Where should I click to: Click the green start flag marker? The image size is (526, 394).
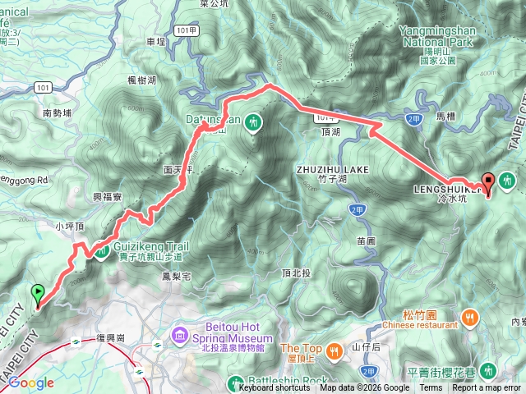click(x=38, y=293)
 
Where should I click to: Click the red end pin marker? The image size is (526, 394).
click(x=487, y=184)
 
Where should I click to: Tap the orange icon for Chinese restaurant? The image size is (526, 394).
click(x=469, y=316)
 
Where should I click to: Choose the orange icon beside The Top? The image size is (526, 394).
click(x=334, y=350)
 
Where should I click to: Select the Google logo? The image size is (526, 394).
click(x=30, y=383)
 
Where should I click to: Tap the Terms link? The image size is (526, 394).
click(x=431, y=388)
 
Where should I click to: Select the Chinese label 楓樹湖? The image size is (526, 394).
click(x=141, y=80)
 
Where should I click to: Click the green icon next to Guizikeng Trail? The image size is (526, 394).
click(x=101, y=250)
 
